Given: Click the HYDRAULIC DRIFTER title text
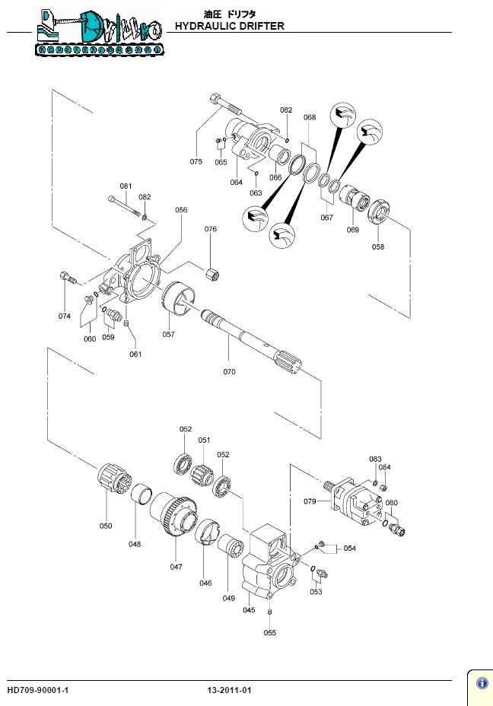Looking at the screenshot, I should [x=229, y=26].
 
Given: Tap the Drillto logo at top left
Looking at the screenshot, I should [x=98, y=33].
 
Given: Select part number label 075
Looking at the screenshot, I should [x=196, y=161].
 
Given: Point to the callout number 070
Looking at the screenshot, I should [x=229, y=372].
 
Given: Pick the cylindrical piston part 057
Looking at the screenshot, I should [x=180, y=297].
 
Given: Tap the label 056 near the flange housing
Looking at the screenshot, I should [x=181, y=210].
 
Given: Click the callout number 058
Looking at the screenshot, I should [x=378, y=246].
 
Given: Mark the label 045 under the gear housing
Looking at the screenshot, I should [x=249, y=609].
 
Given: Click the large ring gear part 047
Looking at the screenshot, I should [x=174, y=517].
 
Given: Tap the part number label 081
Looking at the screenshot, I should [x=126, y=186].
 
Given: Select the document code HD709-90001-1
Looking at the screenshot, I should [x=38, y=690].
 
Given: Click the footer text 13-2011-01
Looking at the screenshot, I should [x=229, y=690].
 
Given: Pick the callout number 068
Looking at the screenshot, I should [x=310, y=118].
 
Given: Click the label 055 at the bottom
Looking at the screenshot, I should [x=270, y=632].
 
